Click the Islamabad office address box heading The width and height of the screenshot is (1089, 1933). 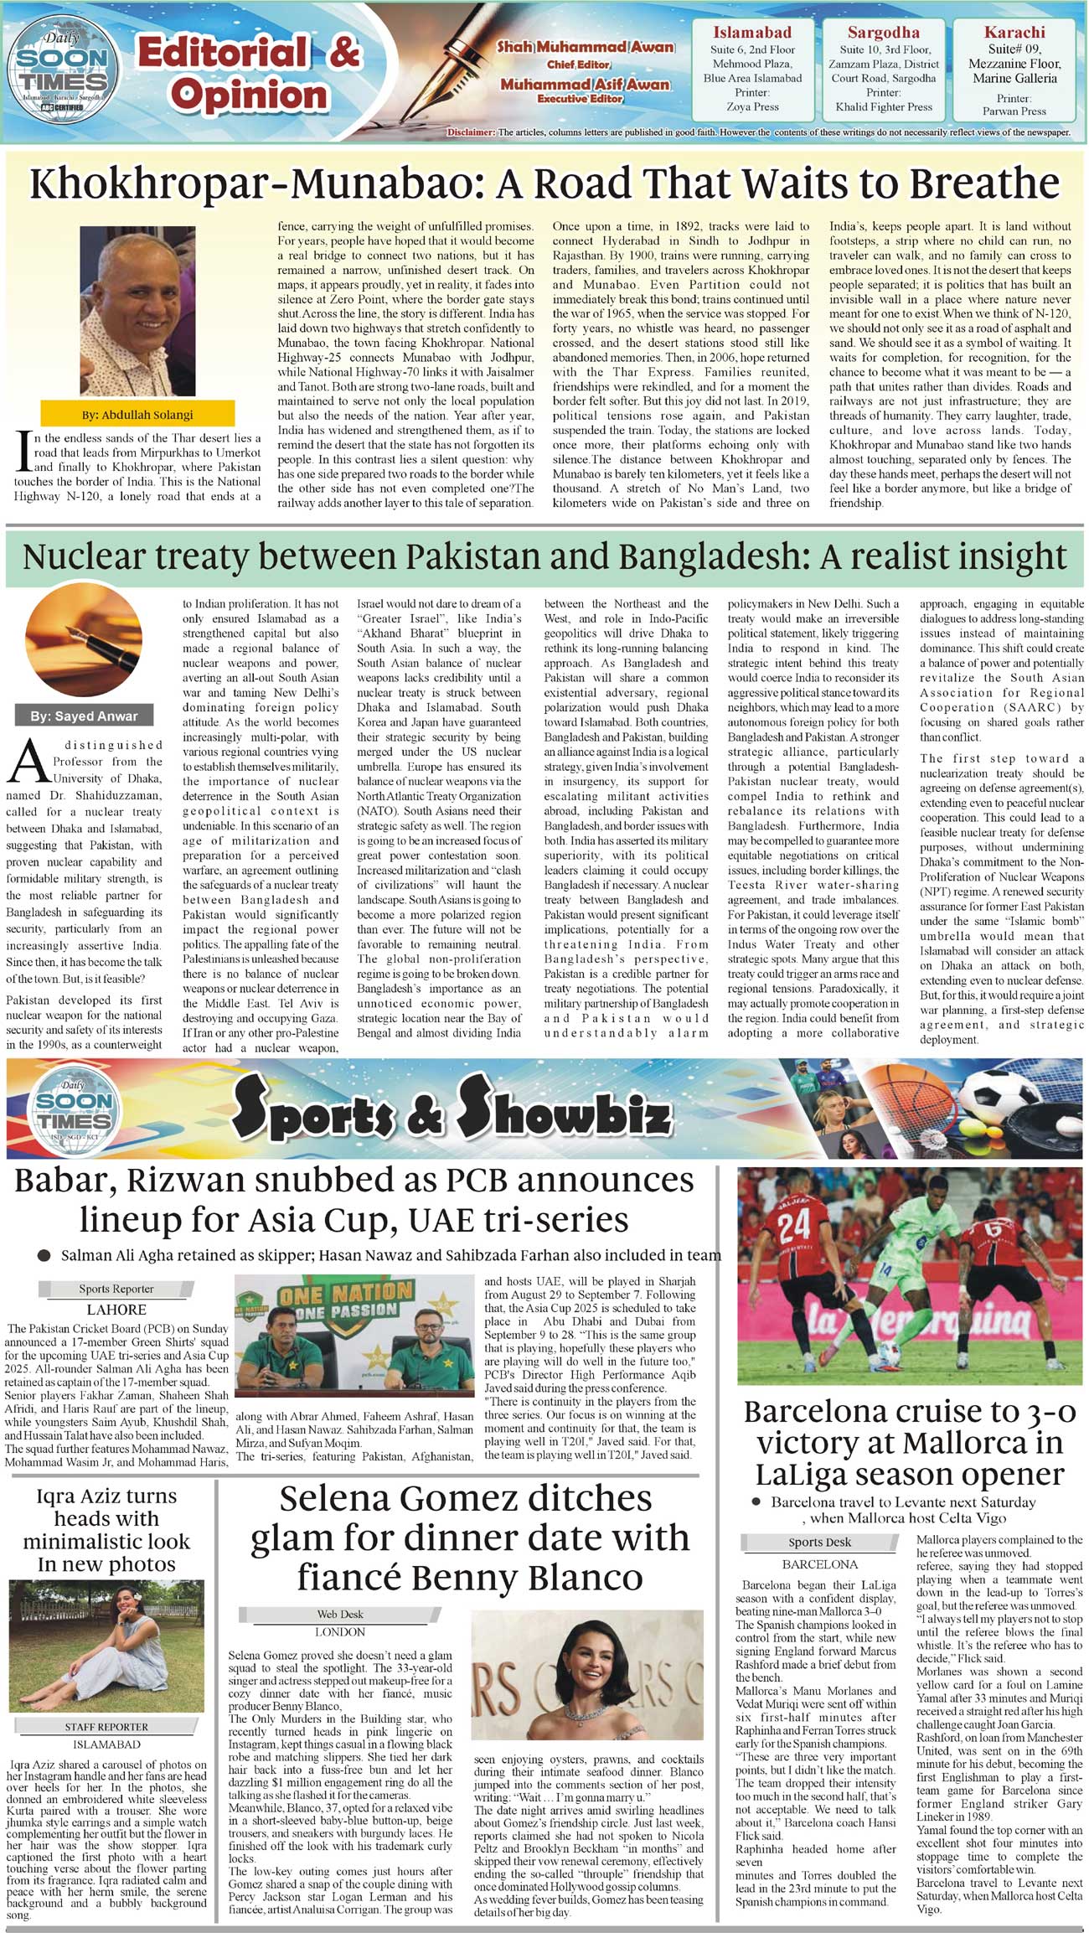[751, 33]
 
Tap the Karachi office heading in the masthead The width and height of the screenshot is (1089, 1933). [1014, 33]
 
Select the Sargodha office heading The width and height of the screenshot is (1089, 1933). [883, 33]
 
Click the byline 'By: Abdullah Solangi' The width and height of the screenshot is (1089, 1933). [137, 414]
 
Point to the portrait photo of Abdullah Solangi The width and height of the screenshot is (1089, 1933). [137, 311]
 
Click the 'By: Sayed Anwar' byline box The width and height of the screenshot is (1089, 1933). [84, 716]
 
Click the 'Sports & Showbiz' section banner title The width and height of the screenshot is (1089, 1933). [452, 1110]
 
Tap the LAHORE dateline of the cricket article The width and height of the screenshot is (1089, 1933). [116, 1310]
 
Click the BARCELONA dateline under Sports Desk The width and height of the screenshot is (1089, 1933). [819, 1564]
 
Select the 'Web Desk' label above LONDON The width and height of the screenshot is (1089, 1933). [339, 1614]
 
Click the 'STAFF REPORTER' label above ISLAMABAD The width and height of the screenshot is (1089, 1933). [106, 1727]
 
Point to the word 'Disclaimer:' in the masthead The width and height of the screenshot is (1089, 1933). [472, 132]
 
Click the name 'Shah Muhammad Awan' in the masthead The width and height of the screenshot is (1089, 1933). [586, 47]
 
